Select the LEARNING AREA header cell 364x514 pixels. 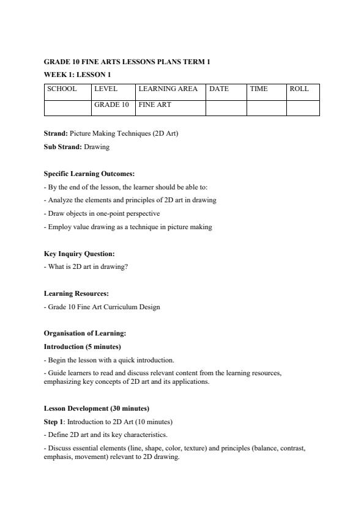[x=168, y=89]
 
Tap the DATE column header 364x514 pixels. [x=219, y=89]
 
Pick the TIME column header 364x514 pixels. [x=259, y=89]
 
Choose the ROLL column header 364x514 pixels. [x=299, y=89]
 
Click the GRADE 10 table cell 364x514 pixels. [x=111, y=105]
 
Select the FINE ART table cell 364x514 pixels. [x=155, y=105]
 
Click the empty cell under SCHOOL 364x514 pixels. [x=68, y=108]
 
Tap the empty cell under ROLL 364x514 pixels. [x=303, y=108]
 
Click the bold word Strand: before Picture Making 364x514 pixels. [x=56, y=133]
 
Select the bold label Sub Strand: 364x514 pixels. [x=63, y=147]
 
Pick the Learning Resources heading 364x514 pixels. [x=76, y=293]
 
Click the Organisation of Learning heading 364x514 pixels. [x=85, y=333]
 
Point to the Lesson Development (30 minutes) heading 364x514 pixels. [x=97, y=408]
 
